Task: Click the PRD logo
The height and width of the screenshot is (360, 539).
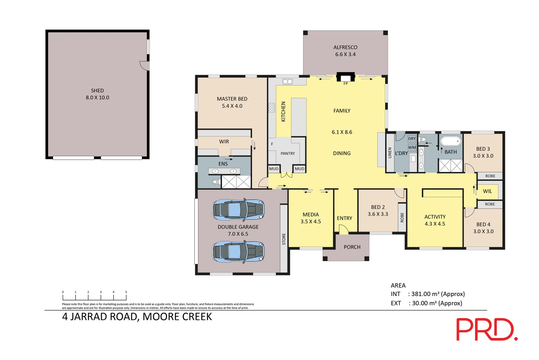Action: (487, 330)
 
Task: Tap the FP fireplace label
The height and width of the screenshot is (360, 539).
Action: (346, 84)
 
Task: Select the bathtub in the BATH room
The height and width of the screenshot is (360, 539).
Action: (451, 141)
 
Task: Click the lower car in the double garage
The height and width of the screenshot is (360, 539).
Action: (238, 252)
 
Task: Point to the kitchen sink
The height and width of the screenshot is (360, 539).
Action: (288, 82)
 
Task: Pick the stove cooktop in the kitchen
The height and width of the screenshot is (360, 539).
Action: (272, 108)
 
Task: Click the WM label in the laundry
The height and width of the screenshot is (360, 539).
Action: (412, 147)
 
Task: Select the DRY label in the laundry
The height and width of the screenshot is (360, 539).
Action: (412, 139)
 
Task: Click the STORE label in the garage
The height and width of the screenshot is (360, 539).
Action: (284, 239)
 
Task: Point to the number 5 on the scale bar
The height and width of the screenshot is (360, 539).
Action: (126, 292)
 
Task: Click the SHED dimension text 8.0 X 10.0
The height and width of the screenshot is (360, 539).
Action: (97, 97)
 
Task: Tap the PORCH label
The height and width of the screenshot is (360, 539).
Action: (352, 247)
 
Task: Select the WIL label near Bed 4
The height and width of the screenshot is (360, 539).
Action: (487, 191)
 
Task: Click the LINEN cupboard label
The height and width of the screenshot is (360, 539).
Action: (390, 153)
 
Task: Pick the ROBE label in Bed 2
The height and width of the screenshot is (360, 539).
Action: (402, 217)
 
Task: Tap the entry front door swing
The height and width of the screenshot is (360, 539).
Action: (344, 229)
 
